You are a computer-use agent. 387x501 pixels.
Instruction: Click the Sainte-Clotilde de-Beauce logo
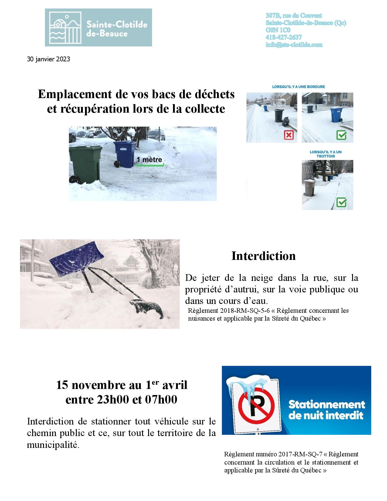click(98, 27)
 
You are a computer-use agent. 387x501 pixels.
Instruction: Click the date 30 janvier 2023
click(49, 59)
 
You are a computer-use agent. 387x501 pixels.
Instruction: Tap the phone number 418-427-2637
click(283, 37)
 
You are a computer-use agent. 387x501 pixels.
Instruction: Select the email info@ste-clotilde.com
click(294, 45)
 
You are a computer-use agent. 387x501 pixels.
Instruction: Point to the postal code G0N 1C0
click(278, 30)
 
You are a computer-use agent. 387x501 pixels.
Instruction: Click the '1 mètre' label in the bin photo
click(149, 160)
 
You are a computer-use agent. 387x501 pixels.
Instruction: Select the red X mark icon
click(289, 135)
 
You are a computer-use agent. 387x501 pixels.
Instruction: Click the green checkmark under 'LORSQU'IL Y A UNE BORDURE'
click(341, 135)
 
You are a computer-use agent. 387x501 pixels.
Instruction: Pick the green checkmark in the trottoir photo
click(341, 202)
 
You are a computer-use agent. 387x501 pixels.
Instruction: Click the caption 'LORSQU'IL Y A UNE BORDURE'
click(299, 87)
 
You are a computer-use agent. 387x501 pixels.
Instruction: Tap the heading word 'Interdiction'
click(263, 256)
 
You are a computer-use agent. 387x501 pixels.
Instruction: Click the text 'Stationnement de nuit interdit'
click(326, 410)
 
